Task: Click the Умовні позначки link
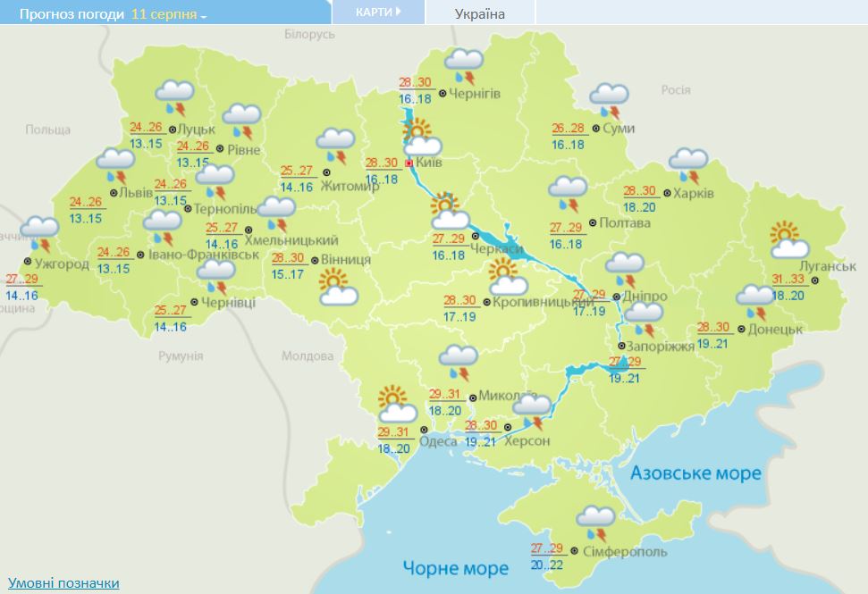click(x=63, y=583)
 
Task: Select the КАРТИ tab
click(x=376, y=13)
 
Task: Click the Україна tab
click(x=479, y=13)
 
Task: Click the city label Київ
click(x=429, y=163)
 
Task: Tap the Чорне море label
click(x=455, y=567)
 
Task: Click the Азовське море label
click(x=695, y=473)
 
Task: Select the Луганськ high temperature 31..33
click(x=788, y=279)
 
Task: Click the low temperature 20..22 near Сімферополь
click(x=548, y=564)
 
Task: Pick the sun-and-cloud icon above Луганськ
click(x=789, y=239)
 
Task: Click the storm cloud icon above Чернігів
click(x=464, y=64)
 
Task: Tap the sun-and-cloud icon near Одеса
click(x=396, y=404)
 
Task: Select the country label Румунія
click(x=181, y=356)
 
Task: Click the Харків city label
click(x=695, y=193)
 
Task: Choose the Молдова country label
click(x=307, y=356)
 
